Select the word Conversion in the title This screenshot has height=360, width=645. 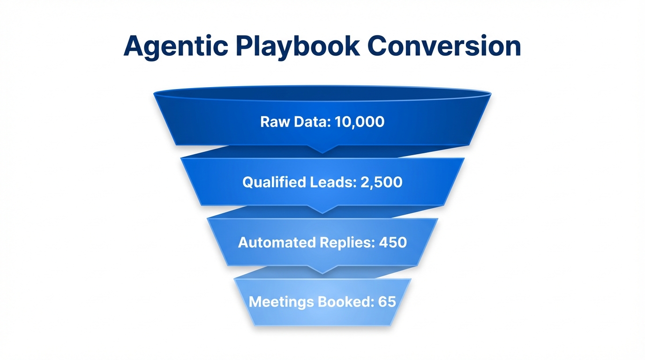click(444, 46)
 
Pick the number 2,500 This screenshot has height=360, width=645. click(382, 182)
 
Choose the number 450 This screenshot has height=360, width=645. click(392, 242)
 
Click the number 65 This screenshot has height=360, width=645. click(387, 301)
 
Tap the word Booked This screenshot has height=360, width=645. click(346, 301)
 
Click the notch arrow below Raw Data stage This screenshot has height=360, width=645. click(322, 149)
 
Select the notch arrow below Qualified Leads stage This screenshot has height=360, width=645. click(322, 209)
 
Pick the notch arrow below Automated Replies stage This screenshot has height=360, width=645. click(322, 270)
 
